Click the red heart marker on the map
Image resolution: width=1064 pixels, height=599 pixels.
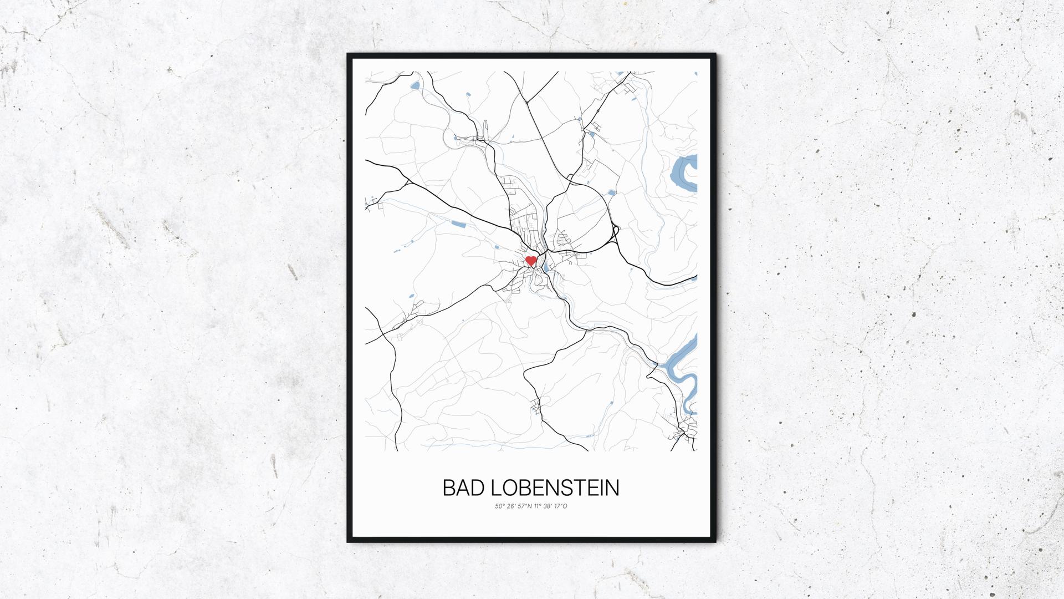pos(531,260)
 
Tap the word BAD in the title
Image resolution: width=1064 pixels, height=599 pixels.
pos(463,488)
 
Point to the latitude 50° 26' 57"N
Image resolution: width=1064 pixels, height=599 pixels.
pos(514,506)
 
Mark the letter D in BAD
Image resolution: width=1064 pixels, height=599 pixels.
pos(478,488)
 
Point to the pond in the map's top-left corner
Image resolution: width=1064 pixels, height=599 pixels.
pos(415,86)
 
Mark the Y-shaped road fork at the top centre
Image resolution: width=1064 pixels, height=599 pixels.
pos(526,102)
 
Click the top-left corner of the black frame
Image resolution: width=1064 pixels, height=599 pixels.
pos(349,55)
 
